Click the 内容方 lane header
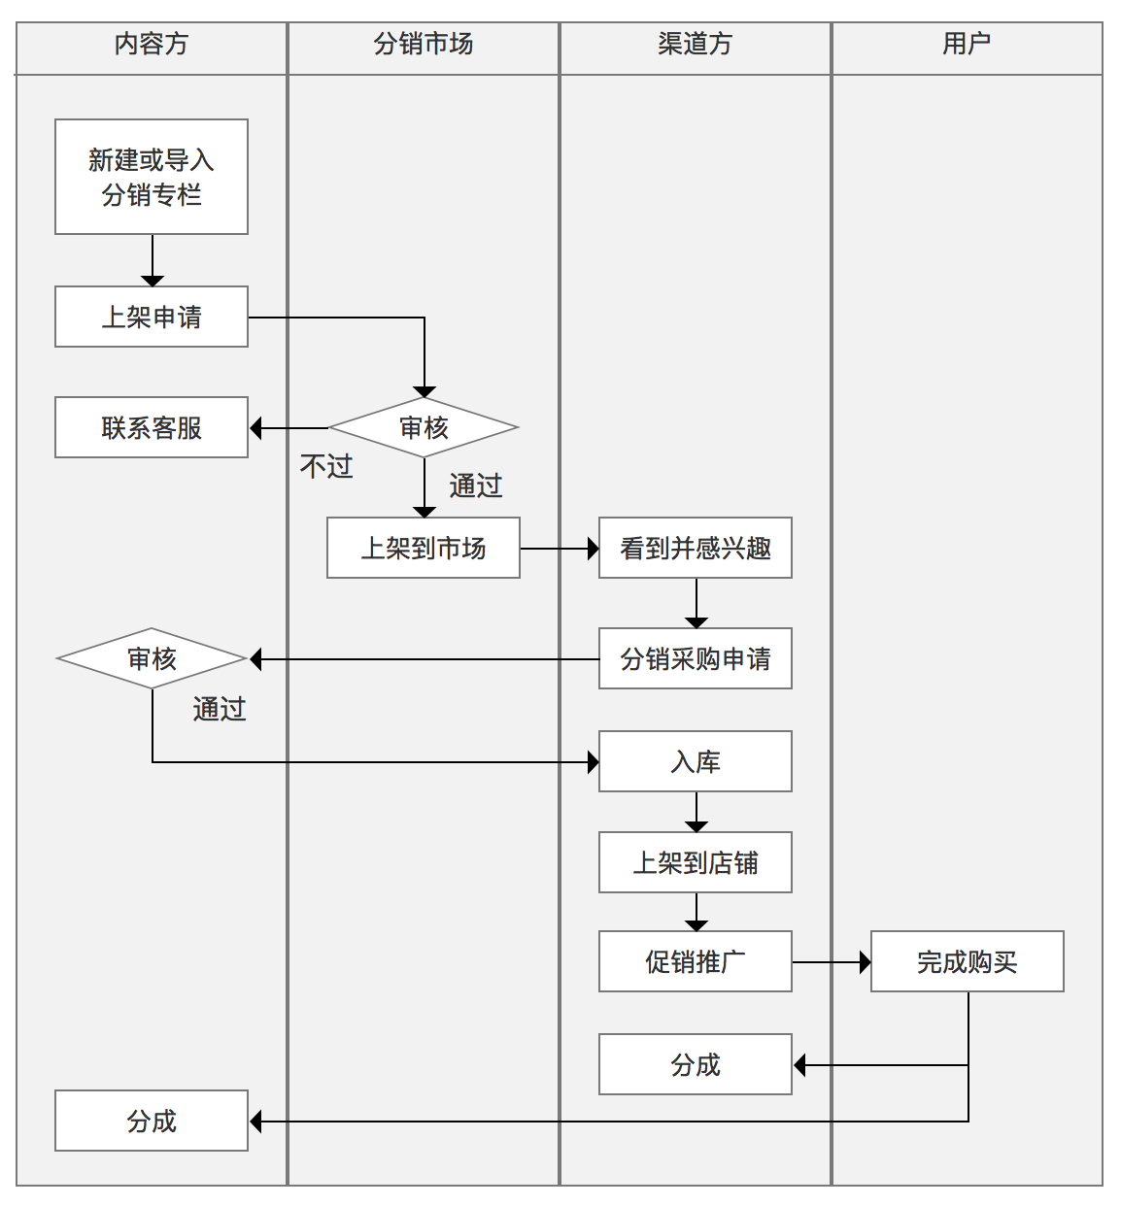tap(152, 45)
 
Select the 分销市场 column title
tap(424, 45)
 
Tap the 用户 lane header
tap(967, 45)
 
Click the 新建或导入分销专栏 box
tap(152, 177)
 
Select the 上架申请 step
tap(152, 317)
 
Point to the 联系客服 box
tap(152, 427)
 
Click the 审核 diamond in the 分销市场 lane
tap(424, 427)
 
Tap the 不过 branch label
tap(326, 467)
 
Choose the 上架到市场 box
tap(424, 548)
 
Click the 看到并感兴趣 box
tap(696, 548)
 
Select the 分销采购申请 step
tap(696, 658)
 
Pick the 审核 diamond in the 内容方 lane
tap(152, 658)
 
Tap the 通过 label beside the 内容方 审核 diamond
tap(220, 710)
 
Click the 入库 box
tap(696, 761)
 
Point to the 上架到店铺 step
tap(696, 862)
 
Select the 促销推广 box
tap(696, 961)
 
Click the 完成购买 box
tap(968, 961)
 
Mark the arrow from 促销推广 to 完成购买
tap(832, 962)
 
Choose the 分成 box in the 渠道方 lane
tap(696, 1064)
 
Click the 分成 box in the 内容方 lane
tap(152, 1121)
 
